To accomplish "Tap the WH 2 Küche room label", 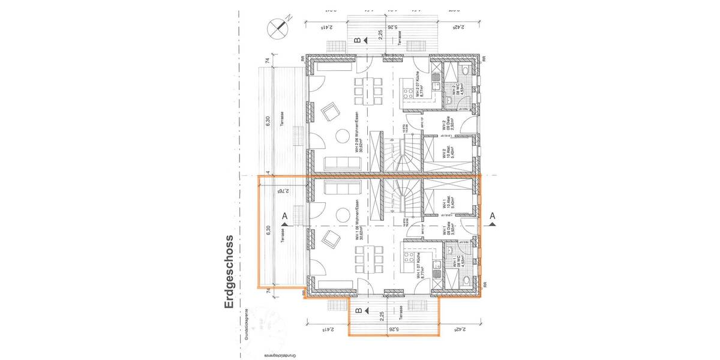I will point(421,85).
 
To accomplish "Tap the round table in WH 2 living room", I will point(344,136).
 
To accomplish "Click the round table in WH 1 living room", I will point(344,214).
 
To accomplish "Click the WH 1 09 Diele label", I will point(445,232).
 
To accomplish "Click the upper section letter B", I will point(358,40).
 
